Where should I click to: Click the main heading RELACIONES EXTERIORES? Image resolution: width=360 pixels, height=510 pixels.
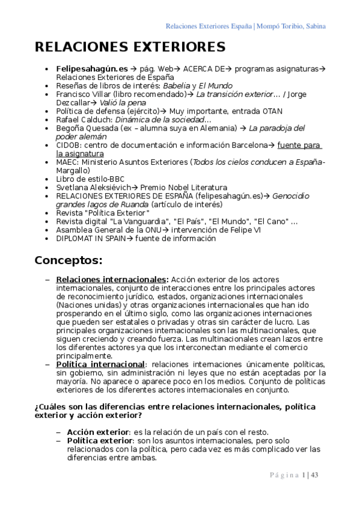click(130, 47)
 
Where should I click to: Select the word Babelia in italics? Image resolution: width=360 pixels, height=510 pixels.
click(178, 86)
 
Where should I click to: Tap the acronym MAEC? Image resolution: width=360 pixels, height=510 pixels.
click(67, 162)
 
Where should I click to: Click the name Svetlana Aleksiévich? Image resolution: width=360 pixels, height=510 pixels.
click(93, 187)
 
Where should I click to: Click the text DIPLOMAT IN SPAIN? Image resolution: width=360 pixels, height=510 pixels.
click(91, 238)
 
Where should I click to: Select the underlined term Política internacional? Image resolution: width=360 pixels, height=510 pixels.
click(100, 364)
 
